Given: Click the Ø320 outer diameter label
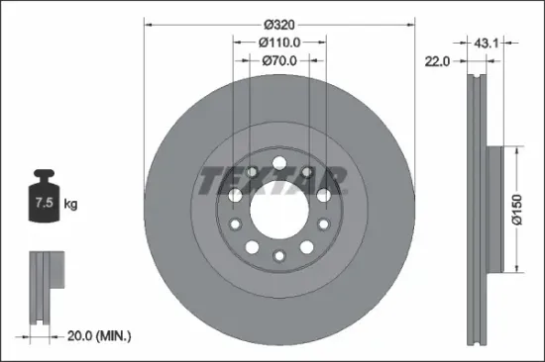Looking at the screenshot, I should (278, 19).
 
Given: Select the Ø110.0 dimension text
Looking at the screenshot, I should (278, 43).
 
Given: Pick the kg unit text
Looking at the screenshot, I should (70, 205).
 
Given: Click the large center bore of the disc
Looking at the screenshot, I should (278, 206).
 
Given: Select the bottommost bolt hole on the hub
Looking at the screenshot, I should (278, 254).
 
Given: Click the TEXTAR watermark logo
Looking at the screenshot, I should (273, 180).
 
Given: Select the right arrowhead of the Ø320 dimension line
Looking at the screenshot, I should (410, 19).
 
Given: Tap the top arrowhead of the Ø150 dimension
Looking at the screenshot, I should (516, 149).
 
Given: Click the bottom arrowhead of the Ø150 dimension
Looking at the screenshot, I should (516, 266).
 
